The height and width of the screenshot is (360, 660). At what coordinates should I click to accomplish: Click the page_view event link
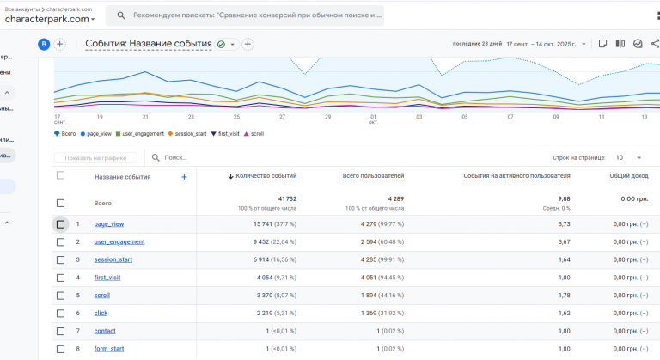tap(109, 224)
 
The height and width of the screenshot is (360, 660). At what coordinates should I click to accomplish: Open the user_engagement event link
tap(119, 242)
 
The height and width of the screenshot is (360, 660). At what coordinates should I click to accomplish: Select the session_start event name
tap(113, 259)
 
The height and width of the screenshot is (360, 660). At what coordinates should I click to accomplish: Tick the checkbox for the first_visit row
tap(60, 278)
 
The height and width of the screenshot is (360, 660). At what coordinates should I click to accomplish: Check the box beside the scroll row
tap(60, 296)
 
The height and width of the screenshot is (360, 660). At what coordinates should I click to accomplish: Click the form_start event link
tap(109, 349)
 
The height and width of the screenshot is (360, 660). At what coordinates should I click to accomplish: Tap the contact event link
tap(105, 331)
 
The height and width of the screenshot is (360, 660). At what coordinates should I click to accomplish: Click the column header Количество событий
tap(266, 175)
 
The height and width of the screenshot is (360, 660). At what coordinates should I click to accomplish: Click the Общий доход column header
tap(629, 175)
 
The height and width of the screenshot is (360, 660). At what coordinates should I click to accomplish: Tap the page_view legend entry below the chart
tap(97, 134)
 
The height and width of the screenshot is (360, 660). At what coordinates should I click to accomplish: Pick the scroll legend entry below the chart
tap(255, 134)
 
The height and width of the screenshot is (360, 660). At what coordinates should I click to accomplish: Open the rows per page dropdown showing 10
tap(631, 158)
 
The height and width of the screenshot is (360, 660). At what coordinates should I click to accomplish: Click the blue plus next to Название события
tap(184, 177)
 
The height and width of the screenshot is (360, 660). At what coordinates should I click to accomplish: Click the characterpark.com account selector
tap(50, 19)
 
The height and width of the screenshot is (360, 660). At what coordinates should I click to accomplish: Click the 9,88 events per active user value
tap(563, 198)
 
